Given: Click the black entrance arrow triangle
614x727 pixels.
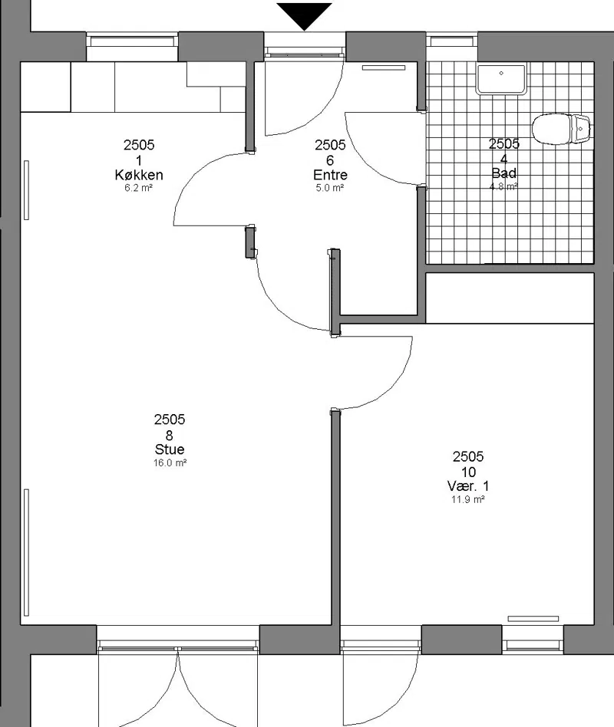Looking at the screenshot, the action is pyautogui.click(x=304, y=15).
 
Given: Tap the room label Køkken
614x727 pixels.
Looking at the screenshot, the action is pyautogui.click(x=139, y=175).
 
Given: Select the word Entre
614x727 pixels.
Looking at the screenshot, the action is pyautogui.click(x=330, y=175).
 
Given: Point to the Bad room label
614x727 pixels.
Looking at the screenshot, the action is pyautogui.click(x=504, y=173).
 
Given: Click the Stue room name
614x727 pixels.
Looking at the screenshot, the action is pyautogui.click(x=170, y=449).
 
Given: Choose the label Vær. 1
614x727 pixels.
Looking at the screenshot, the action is pyautogui.click(x=468, y=486).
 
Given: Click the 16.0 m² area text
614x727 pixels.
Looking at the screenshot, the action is pyautogui.click(x=170, y=462).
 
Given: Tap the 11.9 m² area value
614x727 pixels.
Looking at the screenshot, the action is pyautogui.click(x=468, y=499).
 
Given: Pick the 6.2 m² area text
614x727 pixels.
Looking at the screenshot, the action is pyautogui.click(x=139, y=188).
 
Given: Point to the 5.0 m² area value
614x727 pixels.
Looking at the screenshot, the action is pyautogui.click(x=330, y=188).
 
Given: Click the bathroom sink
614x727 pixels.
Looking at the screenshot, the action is pyautogui.click(x=501, y=79).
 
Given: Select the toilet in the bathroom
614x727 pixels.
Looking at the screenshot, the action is pyautogui.click(x=560, y=129).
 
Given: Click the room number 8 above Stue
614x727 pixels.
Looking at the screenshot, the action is pyautogui.click(x=170, y=436).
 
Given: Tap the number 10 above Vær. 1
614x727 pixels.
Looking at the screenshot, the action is pyautogui.click(x=468, y=472).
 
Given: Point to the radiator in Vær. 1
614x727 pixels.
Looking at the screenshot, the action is pyautogui.click(x=533, y=619).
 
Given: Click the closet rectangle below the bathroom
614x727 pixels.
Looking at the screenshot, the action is pyautogui.click(x=510, y=298).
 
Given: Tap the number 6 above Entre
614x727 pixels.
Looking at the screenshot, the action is pyautogui.click(x=330, y=160).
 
